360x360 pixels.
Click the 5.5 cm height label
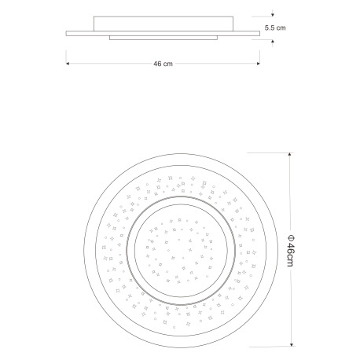pos(275,28)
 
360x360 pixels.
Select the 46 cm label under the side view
pos(163,64)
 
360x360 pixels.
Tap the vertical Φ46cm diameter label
pos(291,251)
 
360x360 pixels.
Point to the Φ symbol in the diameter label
pos(291,238)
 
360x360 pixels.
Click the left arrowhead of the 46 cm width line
pos(68,64)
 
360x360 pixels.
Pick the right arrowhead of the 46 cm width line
pos(259,64)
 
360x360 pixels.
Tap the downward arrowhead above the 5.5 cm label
pos(273,15)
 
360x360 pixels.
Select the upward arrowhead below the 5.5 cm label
pos(273,42)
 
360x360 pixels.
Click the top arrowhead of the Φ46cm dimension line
pos(289,154)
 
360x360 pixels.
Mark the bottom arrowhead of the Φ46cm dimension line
pos(292,344)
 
